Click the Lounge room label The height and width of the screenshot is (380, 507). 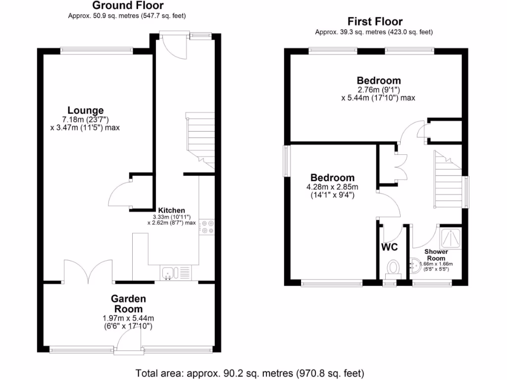(x=86, y=110)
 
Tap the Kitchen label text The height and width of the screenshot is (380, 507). (x=171, y=210)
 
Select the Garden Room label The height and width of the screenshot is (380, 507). (x=128, y=303)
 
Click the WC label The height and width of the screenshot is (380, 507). (x=390, y=246)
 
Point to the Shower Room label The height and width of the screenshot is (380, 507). (x=436, y=255)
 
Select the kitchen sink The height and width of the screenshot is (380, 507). (x=168, y=273)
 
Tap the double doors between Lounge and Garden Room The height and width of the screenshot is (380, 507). (x=88, y=271)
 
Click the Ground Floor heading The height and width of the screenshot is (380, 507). (x=128, y=6)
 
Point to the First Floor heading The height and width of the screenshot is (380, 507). (x=375, y=21)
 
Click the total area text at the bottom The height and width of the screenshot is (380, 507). (x=250, y=372)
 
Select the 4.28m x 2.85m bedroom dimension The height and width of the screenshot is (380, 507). (x=332, y=187)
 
